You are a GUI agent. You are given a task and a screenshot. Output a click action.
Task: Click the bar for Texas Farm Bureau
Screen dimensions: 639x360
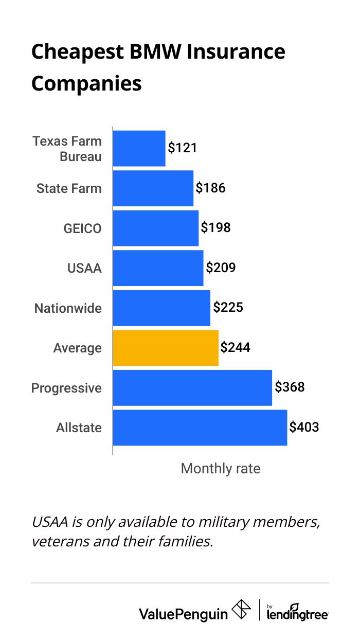click(139, 148)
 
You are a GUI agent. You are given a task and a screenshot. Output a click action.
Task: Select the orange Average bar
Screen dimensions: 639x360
click(166, 348)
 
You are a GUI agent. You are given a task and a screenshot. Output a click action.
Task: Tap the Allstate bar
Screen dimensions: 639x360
click(200, 428)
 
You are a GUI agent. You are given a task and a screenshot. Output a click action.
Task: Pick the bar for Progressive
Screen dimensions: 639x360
click(192, 387)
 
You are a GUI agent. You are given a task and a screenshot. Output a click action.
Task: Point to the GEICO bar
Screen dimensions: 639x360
click(155, 228)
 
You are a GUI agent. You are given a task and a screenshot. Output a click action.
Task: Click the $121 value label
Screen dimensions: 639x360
click(183, 148)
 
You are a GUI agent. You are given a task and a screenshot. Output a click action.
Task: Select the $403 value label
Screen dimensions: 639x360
click(304, 427)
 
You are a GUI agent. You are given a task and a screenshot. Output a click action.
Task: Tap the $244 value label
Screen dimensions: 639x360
click(235, 348)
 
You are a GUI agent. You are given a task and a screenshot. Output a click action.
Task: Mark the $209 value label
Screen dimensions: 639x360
click(221, 268)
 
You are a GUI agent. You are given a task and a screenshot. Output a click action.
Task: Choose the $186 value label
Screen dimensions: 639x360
click(210, 188)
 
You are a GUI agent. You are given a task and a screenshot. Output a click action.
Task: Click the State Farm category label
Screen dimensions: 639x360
click(69, 188)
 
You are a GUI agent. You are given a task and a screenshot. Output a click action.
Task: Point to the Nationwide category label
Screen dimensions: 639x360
click(68, 308)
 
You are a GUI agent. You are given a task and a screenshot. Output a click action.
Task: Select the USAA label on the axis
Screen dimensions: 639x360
click(84, 268)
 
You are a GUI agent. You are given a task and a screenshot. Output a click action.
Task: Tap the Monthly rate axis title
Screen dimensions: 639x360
click(221, 469)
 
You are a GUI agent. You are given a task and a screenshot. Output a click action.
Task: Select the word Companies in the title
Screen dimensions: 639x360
click(86, 83)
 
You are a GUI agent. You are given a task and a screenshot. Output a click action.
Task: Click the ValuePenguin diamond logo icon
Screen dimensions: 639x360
click(242, 610)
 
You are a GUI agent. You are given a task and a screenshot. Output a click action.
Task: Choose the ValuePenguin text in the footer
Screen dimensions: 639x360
click(183, 613)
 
